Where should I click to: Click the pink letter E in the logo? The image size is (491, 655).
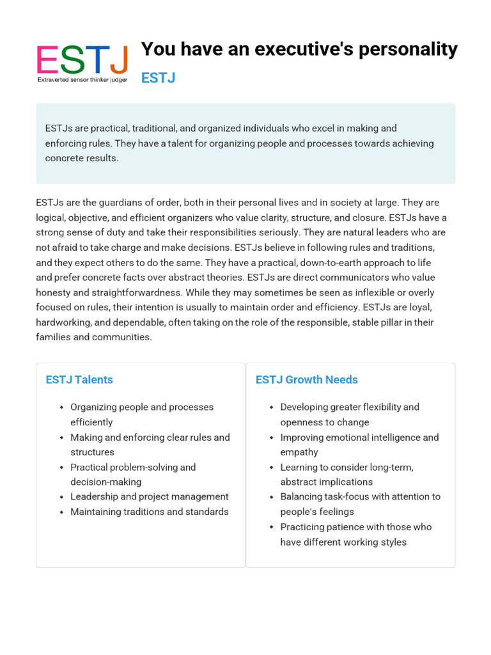(47, 60)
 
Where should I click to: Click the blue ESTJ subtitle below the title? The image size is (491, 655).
(158, 78)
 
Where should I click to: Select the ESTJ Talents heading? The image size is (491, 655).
(79, 380)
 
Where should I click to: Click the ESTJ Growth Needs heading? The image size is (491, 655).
(307, 380)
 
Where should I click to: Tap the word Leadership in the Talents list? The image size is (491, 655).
(95, 496)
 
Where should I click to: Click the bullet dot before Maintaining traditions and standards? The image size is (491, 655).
(61, 512)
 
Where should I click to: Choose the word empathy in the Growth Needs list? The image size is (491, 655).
(299, 452)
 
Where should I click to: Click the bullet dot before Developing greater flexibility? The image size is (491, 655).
(272, 407)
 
